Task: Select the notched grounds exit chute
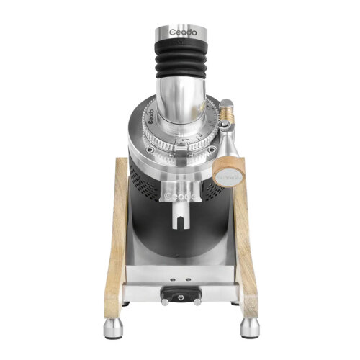(177, 212)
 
